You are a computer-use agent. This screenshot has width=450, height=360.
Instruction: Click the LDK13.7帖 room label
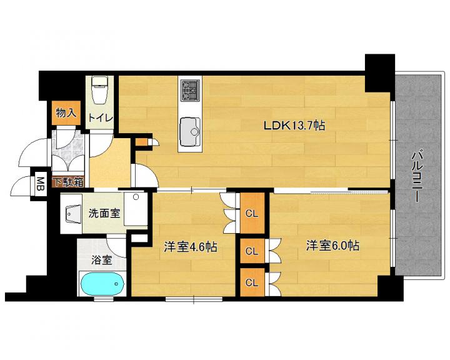(294, 126)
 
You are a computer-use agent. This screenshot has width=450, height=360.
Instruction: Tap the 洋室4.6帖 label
(190, 247)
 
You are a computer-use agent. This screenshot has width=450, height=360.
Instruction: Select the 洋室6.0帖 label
(332, 246)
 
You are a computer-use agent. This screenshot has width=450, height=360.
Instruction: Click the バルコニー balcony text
(416, 176)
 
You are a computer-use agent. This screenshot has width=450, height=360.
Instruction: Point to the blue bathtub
(102, 284)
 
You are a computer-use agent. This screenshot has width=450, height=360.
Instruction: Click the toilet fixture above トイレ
(99, 89)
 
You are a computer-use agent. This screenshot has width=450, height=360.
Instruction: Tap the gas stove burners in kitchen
(190, 90)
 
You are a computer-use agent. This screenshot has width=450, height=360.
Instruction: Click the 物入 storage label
(66, 113)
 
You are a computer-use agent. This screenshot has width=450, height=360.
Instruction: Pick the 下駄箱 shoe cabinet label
(69, 182)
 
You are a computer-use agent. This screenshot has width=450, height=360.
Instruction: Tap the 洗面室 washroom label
(104, 213)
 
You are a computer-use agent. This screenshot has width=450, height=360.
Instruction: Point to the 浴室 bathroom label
(101, 260)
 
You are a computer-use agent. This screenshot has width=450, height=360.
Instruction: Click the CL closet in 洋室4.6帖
(252, 213)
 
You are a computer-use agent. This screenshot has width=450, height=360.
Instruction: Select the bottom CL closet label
(252, 282)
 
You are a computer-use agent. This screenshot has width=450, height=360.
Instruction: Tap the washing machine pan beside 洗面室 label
(136, 209)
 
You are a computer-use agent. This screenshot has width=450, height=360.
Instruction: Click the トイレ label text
(101, 117)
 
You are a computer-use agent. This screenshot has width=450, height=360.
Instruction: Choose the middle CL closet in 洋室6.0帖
(252, 251)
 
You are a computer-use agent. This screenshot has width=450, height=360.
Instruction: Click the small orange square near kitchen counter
(141, 142)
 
